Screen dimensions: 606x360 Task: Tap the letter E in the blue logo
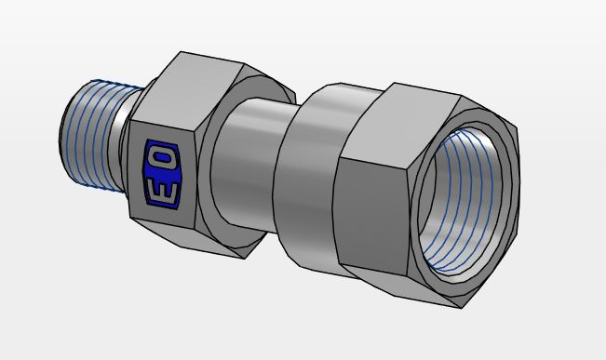coord(163,188)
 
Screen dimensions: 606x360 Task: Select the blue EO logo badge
coord(163,175)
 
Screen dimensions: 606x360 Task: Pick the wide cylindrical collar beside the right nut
coord(313,176)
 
